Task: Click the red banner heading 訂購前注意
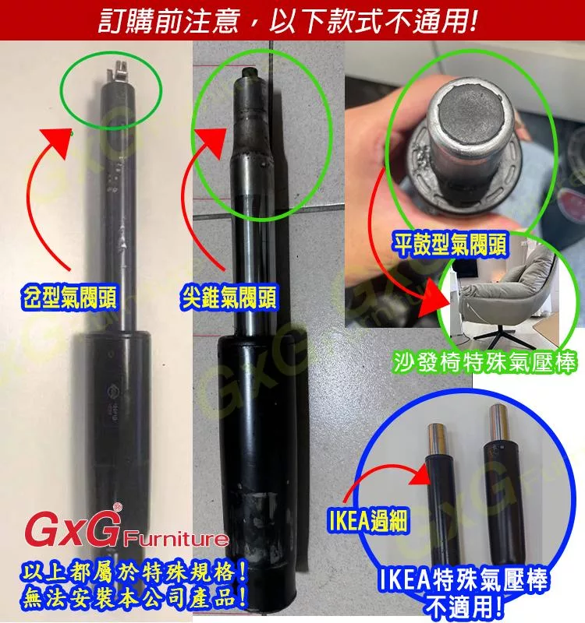(168, 20)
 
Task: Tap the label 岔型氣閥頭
(69, 297)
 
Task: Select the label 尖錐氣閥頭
(228, 297)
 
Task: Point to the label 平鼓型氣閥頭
(450, 244)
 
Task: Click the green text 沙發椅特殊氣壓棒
(484, 362)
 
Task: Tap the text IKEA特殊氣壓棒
(462, 580)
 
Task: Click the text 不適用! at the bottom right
(463, 606)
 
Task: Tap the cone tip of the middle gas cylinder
(249, 72)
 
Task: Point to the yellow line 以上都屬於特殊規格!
(134, 573)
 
